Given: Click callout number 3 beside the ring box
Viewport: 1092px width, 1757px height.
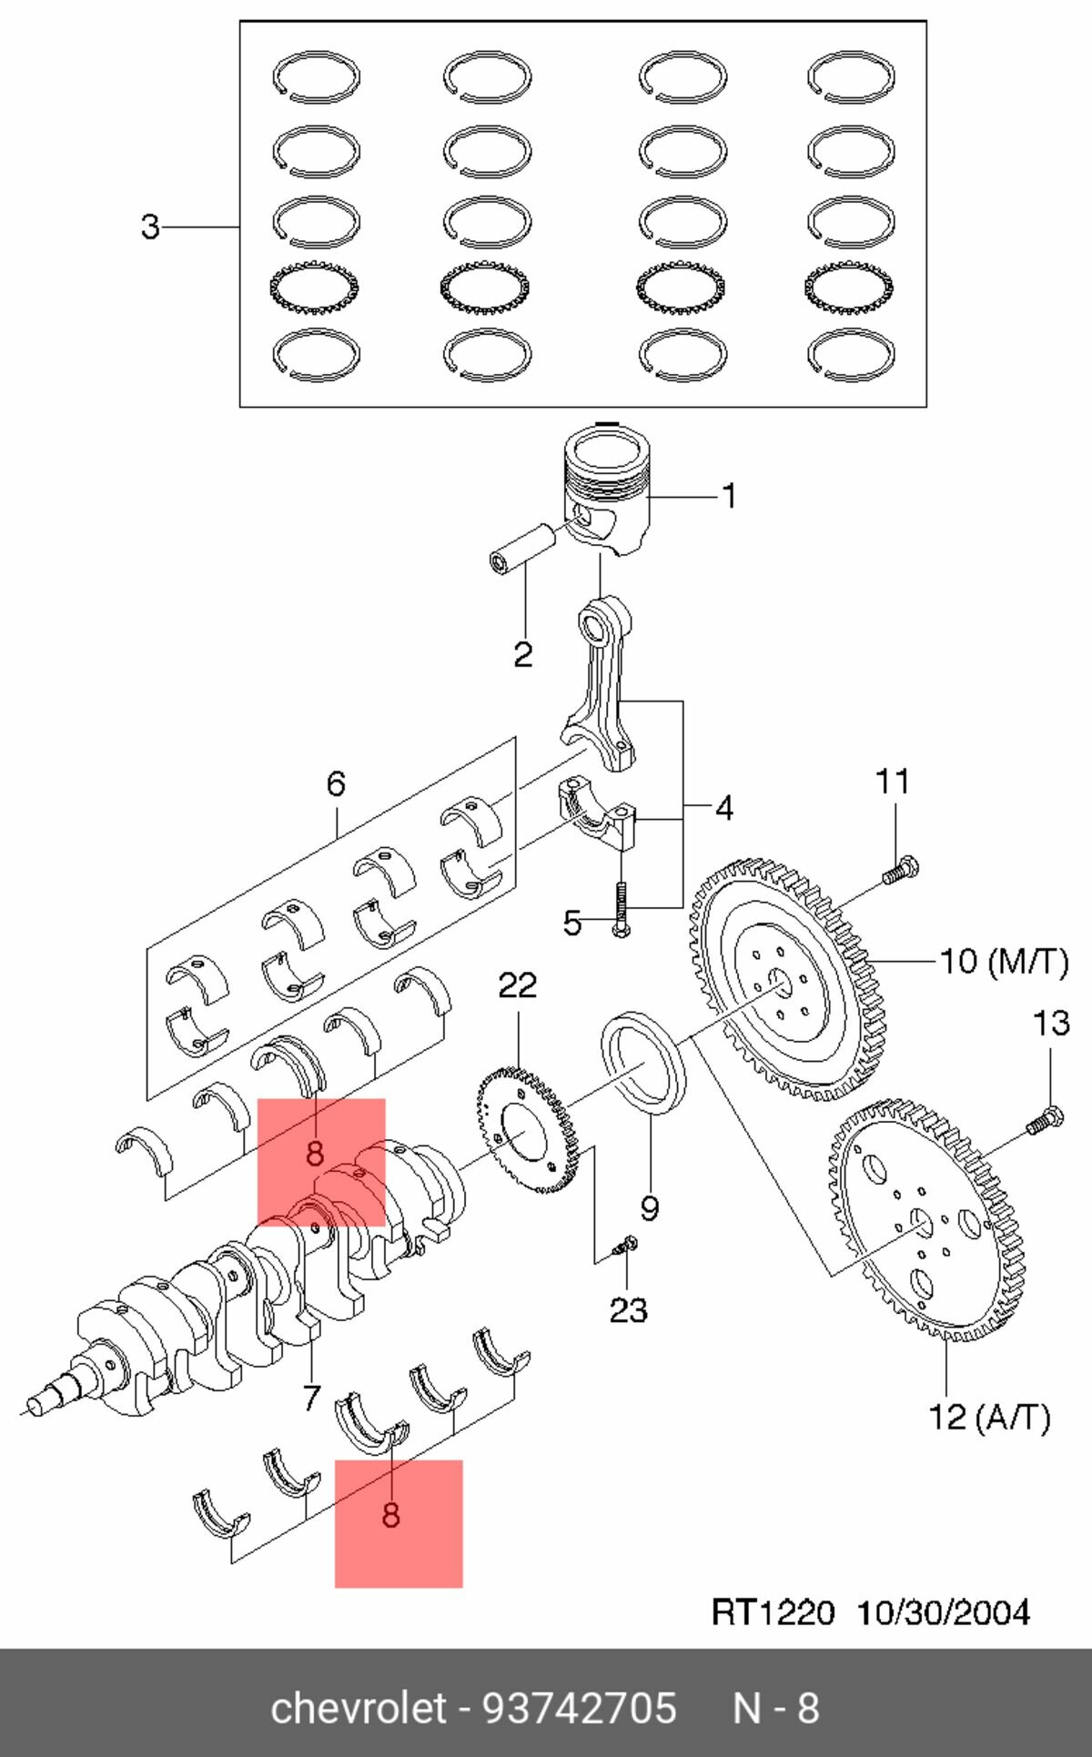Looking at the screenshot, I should pos(150,226).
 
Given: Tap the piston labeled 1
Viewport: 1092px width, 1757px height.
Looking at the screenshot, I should pos(608,491).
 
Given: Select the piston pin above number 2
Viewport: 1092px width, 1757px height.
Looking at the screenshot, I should pos(522,547).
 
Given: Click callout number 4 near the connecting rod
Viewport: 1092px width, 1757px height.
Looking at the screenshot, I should pos(723,807).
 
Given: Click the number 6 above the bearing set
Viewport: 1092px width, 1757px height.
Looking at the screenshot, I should pos(336,783).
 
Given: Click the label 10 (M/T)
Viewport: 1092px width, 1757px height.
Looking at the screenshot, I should pos(1004,961).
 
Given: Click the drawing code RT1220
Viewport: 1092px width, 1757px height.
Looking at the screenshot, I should pos(773,1613).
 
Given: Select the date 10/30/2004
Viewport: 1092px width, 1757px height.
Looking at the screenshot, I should pos(944,1613).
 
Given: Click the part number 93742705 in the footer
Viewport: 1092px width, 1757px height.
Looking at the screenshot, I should pos(580,1708).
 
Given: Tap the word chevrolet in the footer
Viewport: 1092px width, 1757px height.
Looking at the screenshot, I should pos(359,1708).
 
